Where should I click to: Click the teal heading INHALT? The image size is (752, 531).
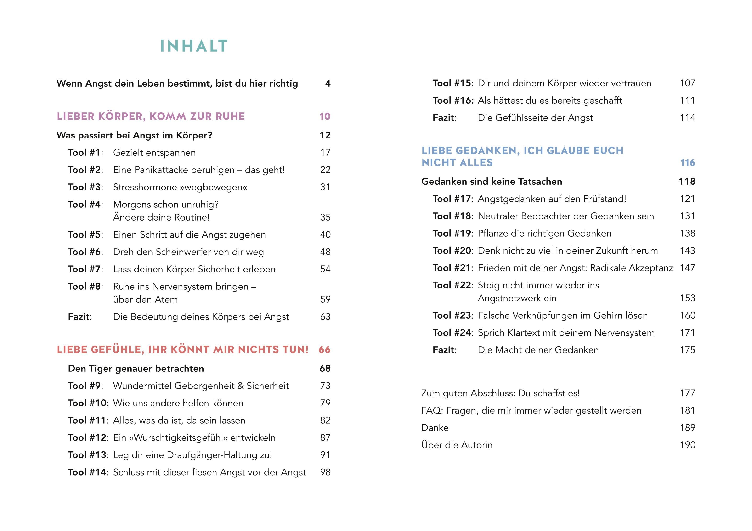click(x=194, y=46)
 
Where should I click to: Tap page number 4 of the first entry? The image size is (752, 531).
click(x=328, y=83)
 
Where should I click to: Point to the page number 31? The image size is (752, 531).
click(x=325, y=187)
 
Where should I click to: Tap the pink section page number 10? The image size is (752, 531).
click(x=325, y=116)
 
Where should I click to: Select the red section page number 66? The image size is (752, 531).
click(x=324, y=350)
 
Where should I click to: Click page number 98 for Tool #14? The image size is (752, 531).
click(x=325, y=472)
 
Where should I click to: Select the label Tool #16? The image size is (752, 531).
click(x=453, y=100)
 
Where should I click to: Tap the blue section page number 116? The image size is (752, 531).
click(x=687, y=163)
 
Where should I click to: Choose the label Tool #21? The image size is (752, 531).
click(x=452, y=268)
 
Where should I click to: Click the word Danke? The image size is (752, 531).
click(x=435, y=428)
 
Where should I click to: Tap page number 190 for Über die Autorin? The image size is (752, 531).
click(x=687, y=445)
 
